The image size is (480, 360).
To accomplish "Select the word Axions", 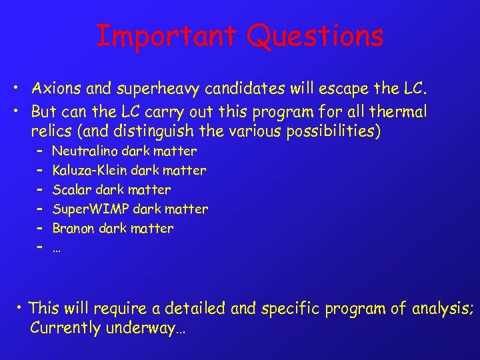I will (54, 89).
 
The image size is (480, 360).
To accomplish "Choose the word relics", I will (51, 131).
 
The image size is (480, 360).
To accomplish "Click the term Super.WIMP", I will (91, 209).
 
